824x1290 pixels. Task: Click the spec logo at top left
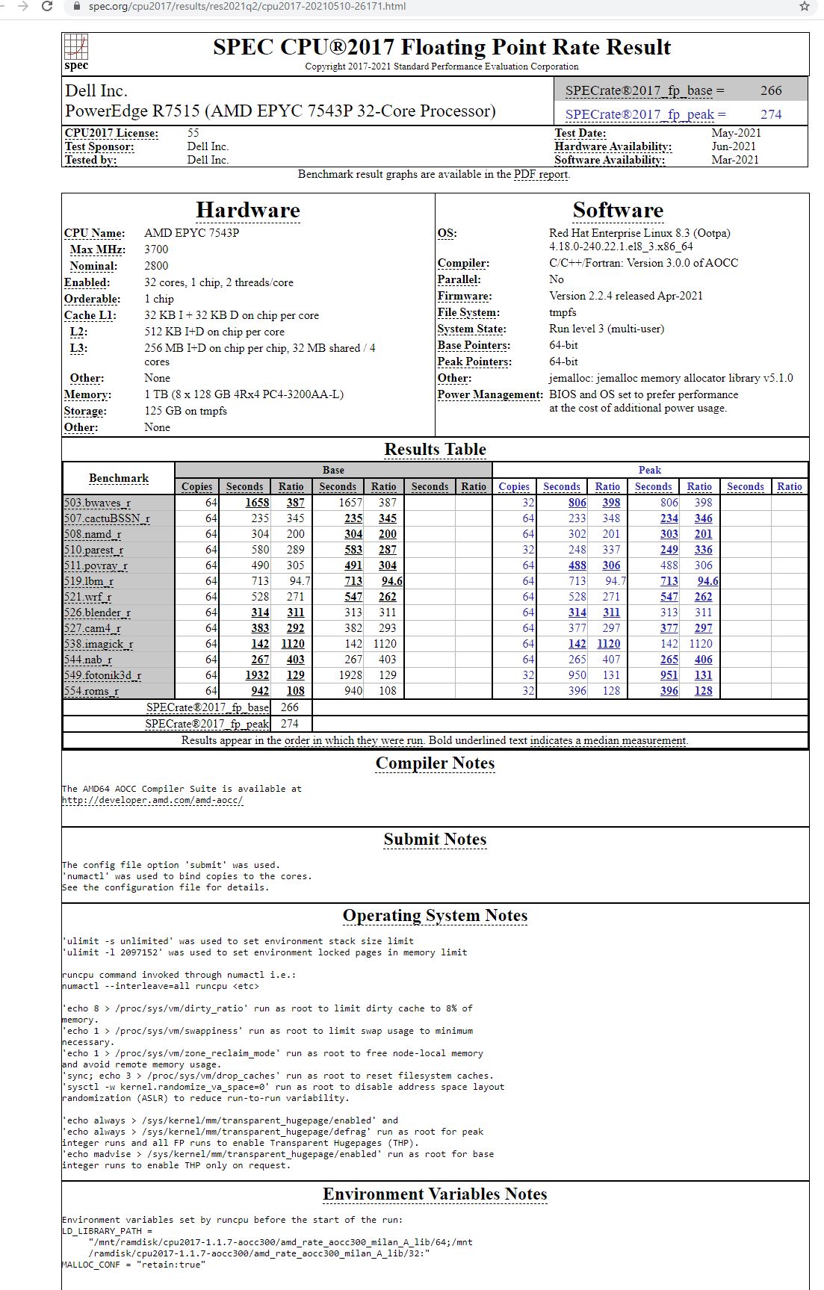click(x=76, y=52)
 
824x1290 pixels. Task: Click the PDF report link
click(x=541, y=174)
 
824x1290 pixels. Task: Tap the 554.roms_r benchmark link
click(x=91, y=691)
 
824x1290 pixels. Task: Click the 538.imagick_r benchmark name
click(x=99, y=644)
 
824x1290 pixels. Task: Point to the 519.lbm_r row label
click(x=89, y=581)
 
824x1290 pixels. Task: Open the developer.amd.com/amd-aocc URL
click(x=152, y=800)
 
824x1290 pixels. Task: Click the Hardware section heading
click(x=247, y=211)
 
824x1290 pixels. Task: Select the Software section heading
click(x=618, y=211)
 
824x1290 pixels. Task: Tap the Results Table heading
click(x=435, y=450)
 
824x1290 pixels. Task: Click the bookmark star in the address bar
click(x=805, y=7)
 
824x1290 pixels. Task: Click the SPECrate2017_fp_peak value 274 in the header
click(x=771, y=114)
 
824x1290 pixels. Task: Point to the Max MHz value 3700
click(x=156, y=249)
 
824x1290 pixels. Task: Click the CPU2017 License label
click(x=111, y=133)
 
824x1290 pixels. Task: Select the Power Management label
click(x=490, y=394)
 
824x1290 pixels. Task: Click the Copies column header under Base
click(x=196, y=486)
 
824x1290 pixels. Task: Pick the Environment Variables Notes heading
click(x=435, y=1194)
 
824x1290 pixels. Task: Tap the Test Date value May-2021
click(x=736, y=133)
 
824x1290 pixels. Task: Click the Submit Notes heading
click(x=435, y=840)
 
